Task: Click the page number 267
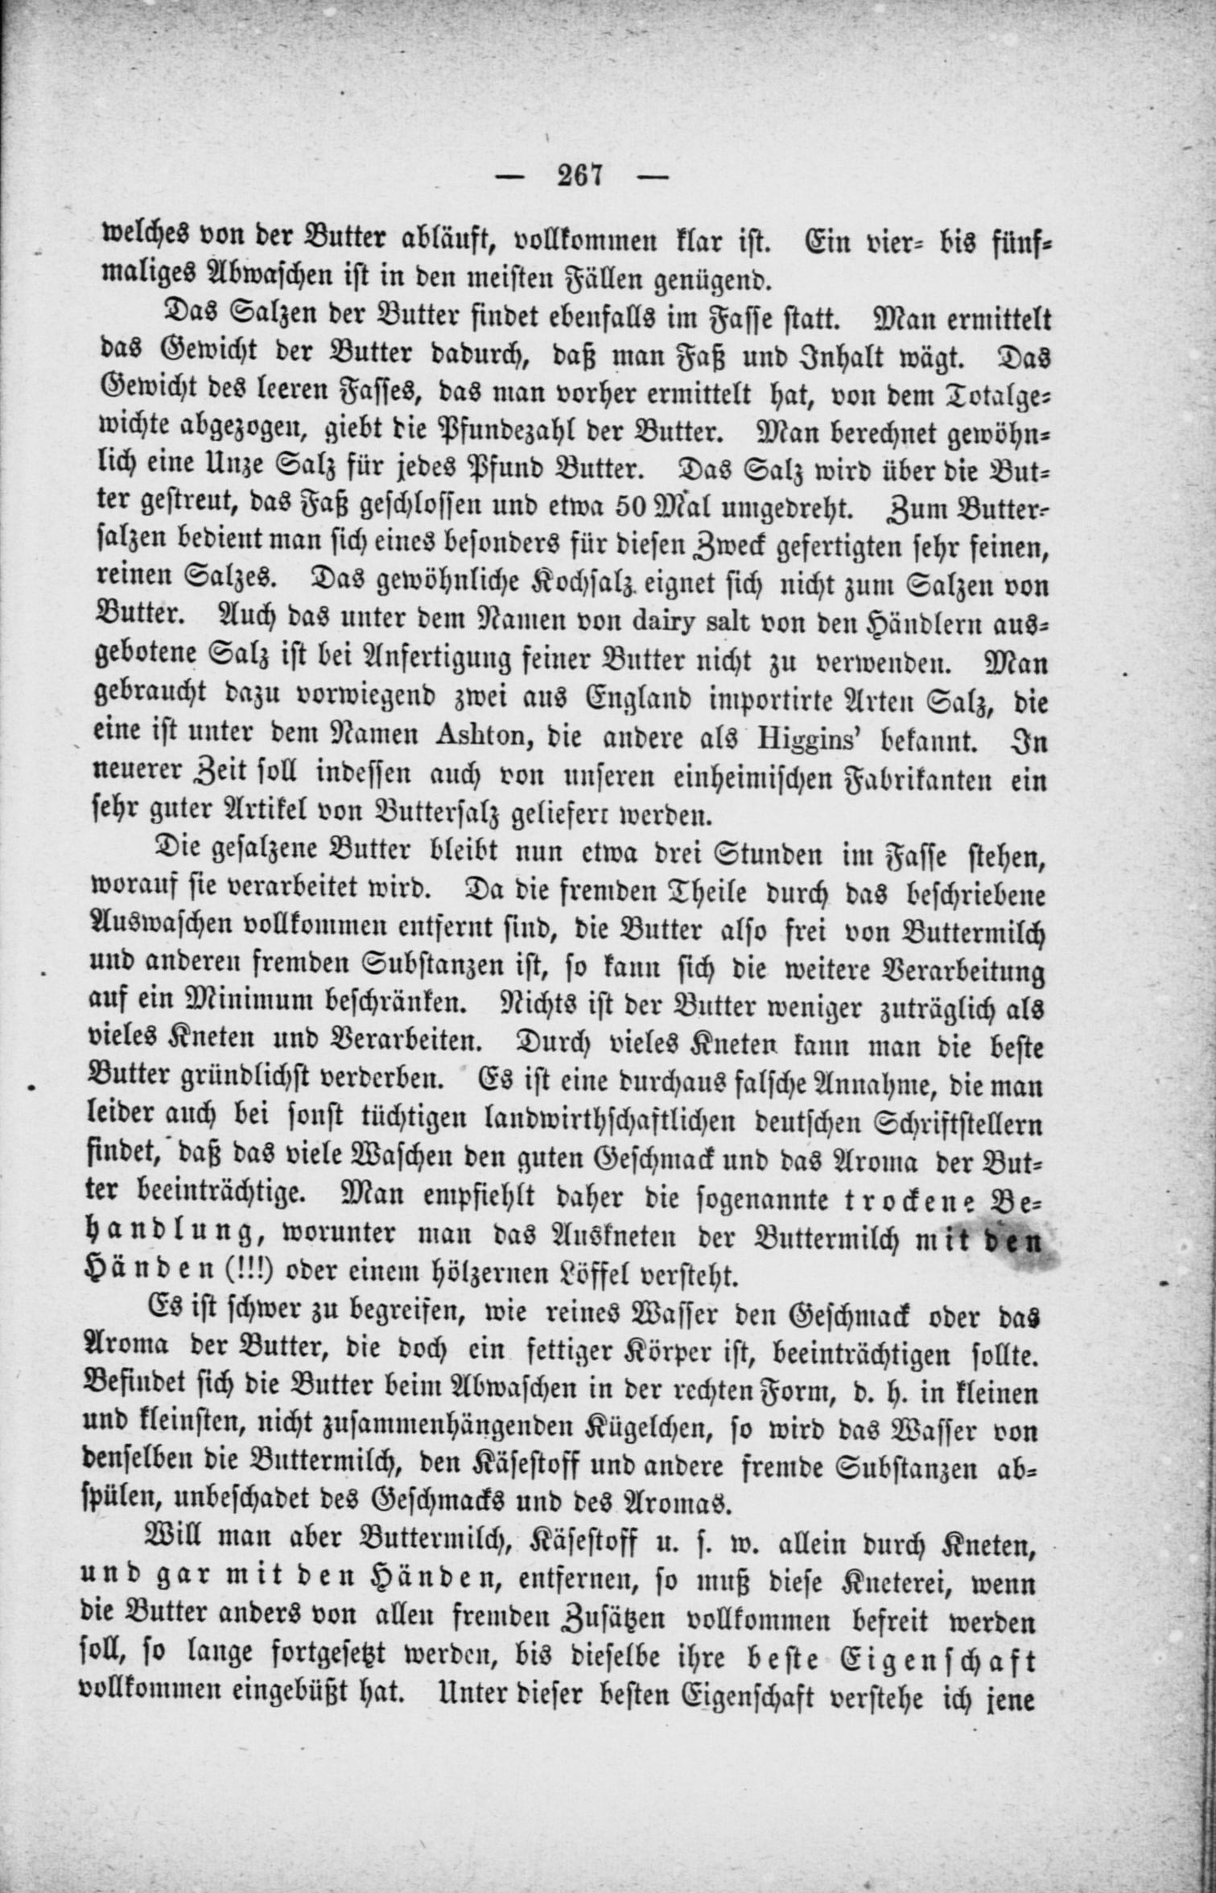coord(579,175)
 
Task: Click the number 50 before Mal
coord(631,508)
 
